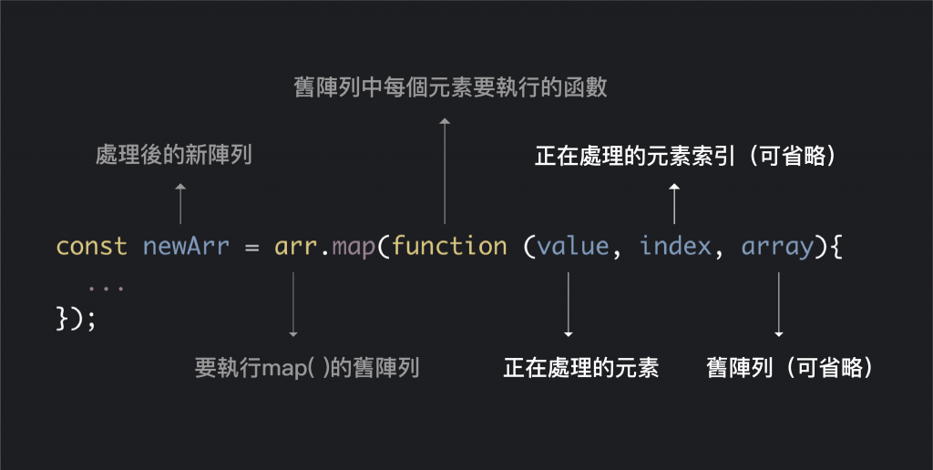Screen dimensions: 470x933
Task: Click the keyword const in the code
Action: pos(91,247)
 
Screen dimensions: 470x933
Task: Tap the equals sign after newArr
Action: pos(252,247)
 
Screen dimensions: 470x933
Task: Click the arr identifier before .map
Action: pos(294,247)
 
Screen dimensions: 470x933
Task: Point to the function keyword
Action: pos(449,247)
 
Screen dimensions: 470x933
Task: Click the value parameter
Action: pos(572,247)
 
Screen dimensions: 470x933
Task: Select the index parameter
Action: pos(675,247)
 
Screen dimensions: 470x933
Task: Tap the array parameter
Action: pos(777,247)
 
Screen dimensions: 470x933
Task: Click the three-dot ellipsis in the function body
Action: pos(107,287)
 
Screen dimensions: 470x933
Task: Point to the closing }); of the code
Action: pos(76,319)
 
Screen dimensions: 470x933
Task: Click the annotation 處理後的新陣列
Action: pos(174,156)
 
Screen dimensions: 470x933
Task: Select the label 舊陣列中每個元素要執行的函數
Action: pos(450,88)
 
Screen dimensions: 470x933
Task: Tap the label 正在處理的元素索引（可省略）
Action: pos(685,157)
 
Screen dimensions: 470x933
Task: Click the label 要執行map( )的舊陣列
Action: pos(307,368)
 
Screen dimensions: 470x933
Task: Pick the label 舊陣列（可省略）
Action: pos(791,368)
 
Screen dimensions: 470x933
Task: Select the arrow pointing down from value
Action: pos(569,305)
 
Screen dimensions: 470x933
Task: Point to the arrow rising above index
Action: pos(674,203)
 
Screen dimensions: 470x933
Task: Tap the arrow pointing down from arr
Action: pos(293,305)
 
